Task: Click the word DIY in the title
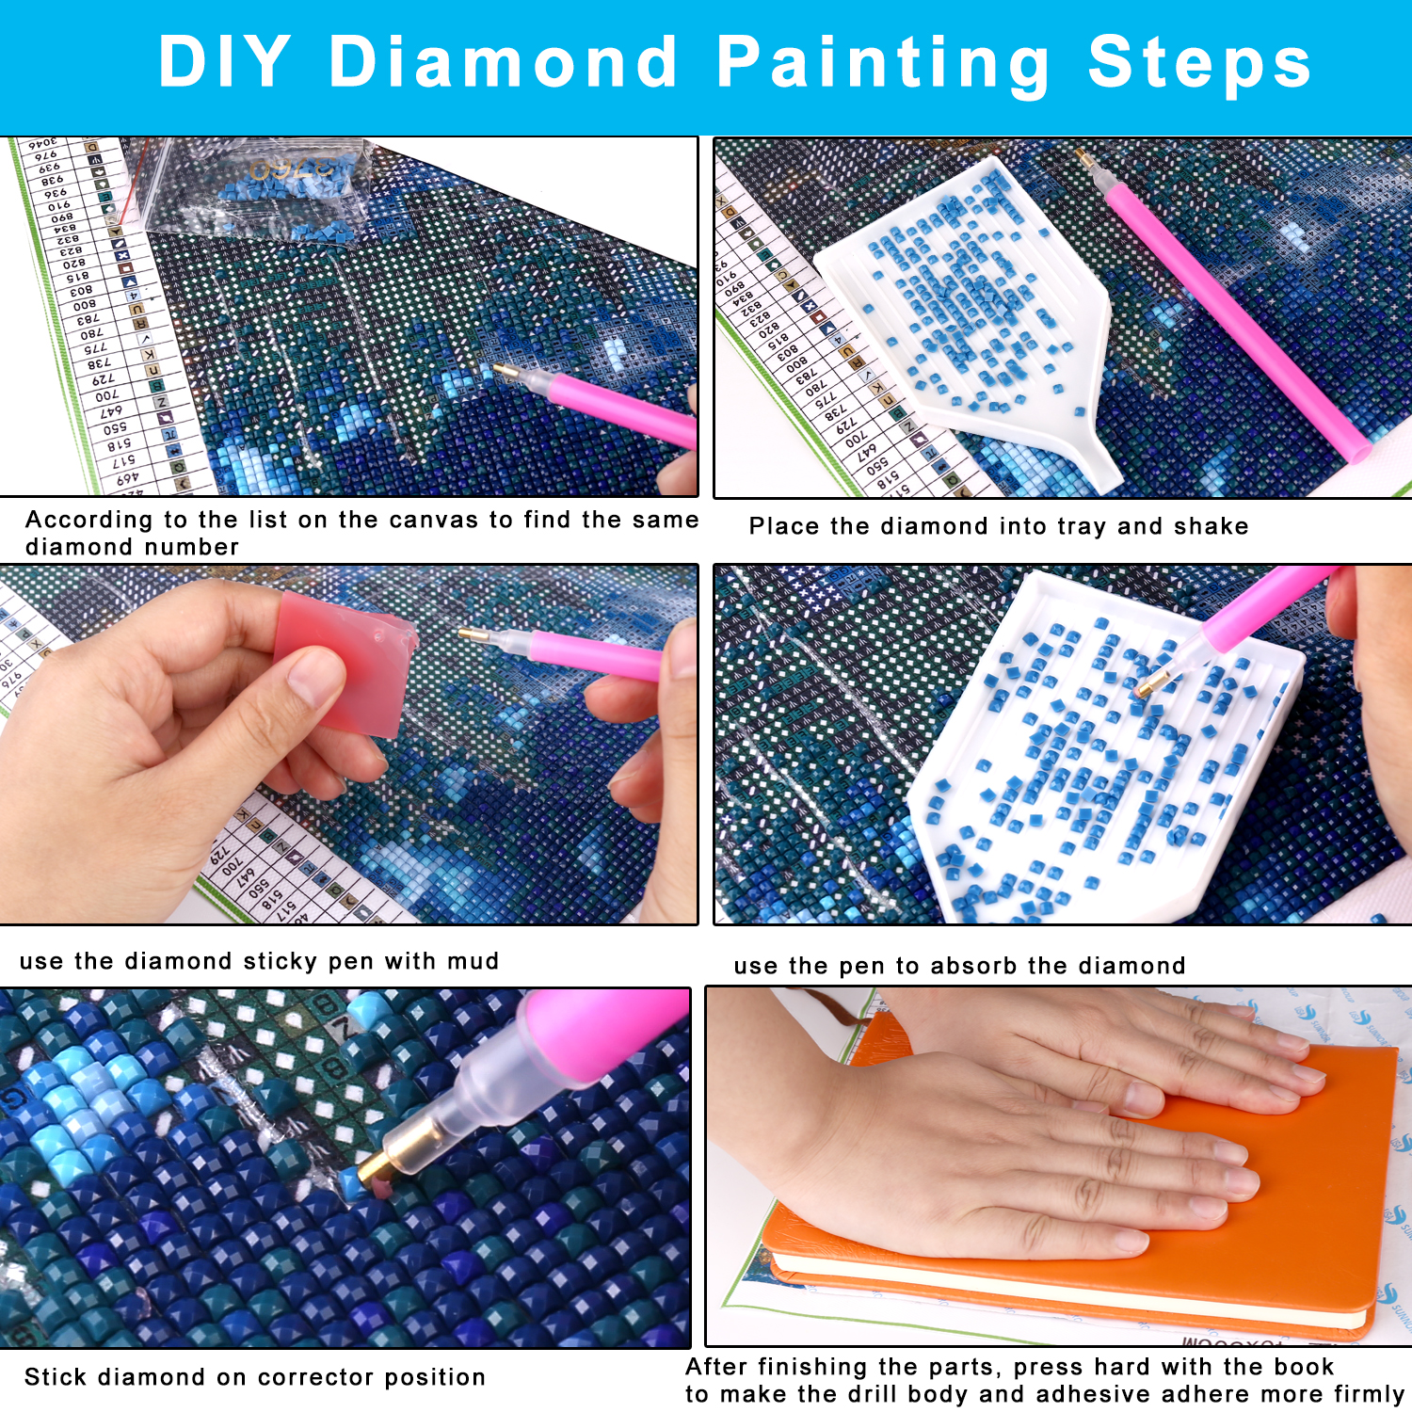tap(224, 62)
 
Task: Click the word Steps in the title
tap(1199, 62)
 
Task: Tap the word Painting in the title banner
tap(882, 62)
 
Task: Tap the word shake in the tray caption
tap(1211, 526)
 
